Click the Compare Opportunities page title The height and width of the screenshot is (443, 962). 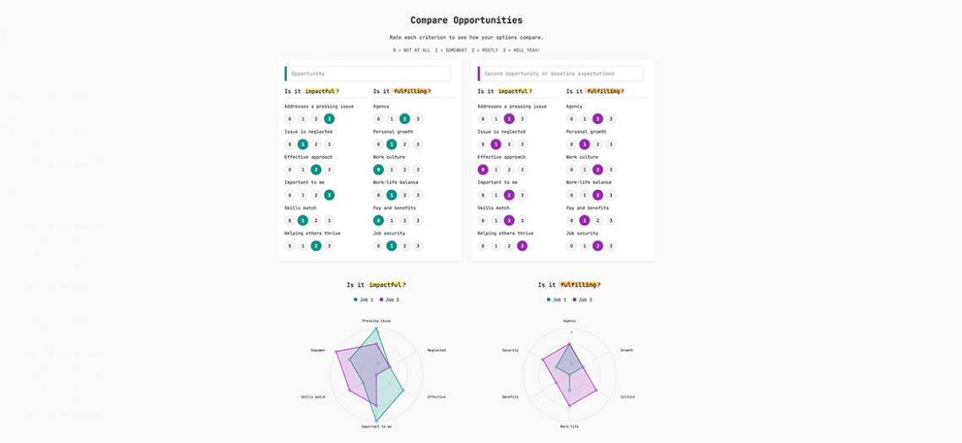coord(466,20)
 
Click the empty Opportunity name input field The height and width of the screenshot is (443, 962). coord(368,73)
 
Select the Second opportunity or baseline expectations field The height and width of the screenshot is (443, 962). coord(560,73)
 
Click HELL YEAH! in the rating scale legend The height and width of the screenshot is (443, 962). coord(522,50)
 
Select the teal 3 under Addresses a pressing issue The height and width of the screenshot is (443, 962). coord(329,119)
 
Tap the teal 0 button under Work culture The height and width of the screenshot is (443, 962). coord(378,170)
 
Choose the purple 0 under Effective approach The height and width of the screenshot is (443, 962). coord(483,170)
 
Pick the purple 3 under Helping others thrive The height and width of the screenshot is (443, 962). coord(522,246)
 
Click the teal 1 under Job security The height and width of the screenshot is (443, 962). coord(392,246)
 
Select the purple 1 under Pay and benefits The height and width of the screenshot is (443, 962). coord(584,220)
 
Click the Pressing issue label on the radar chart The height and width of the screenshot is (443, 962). coord(376,321)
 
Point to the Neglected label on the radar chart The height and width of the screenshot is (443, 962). coord(436,350)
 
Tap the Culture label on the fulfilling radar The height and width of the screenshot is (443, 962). coord(627,397)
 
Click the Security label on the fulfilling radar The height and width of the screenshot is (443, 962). coord(510,350)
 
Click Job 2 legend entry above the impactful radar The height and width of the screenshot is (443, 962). coord(390,300)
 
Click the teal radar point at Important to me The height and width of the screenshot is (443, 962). coord(376,420)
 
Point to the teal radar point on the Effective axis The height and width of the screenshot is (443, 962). coord(403,390)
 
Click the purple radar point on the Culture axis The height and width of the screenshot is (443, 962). coord(597,391)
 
